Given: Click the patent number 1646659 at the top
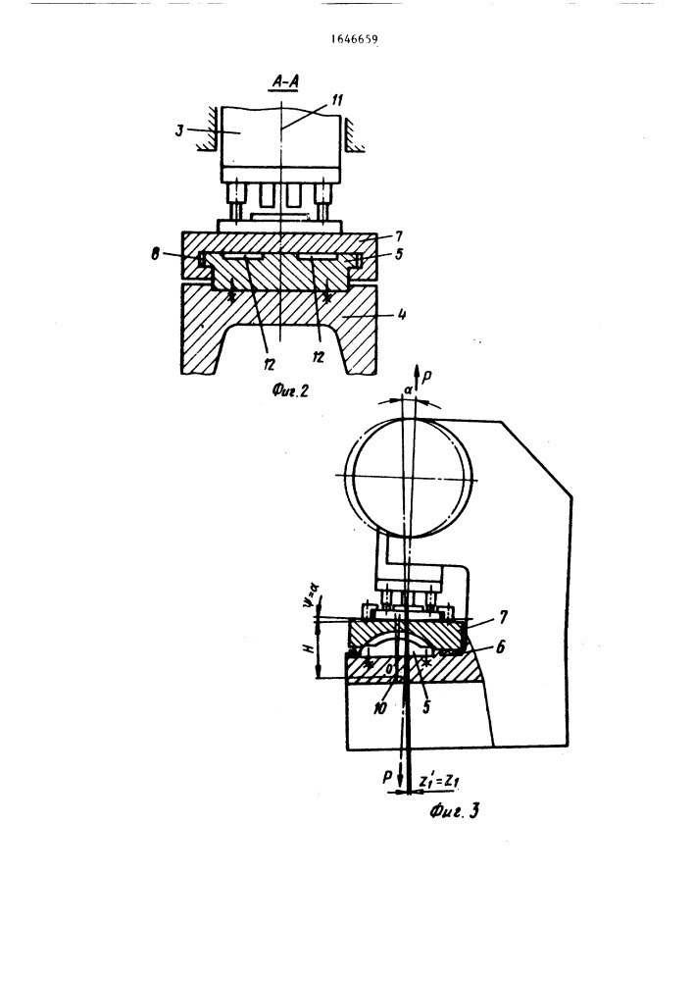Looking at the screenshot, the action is [x=354, y=40].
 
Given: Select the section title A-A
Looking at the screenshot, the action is [x=285, y=81].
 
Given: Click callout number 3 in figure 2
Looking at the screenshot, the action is [x=179, y=132].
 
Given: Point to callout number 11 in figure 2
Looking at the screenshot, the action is [x=337, y=99].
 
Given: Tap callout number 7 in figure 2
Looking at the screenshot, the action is [x=399, y=236].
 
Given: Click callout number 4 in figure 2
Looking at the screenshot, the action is [x=401, y=314].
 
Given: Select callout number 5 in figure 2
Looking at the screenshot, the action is [x=399, y=254].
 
